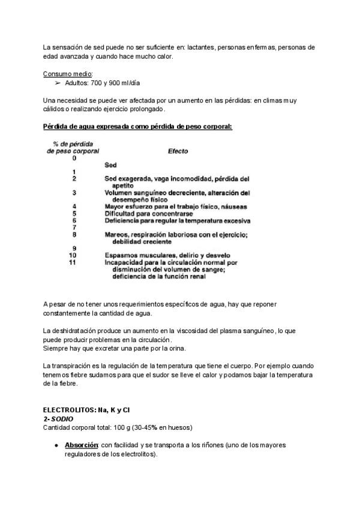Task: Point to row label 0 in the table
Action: pos(74,158)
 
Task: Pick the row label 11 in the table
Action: pos(73,262)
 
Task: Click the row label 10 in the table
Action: pos(73,255)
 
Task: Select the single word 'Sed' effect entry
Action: pos(110,165)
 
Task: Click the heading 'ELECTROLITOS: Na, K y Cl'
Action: pos(86,410)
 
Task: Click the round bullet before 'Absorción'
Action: pos(56,446)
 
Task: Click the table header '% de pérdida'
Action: pos(73,145)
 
